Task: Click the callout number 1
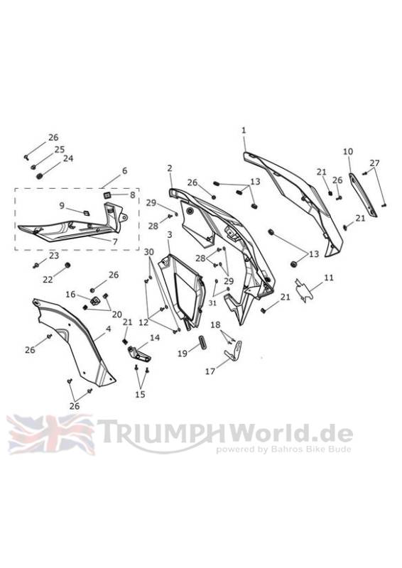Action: [244, 131]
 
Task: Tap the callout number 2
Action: [170, 168]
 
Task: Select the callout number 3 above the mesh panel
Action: [170, 235]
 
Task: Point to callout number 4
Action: [108, 329]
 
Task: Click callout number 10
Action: [347, 151]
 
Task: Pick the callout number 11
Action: [329, 278]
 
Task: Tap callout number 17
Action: [210, 371]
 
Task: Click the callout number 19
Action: [183, 353]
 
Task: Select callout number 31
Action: [212, 303]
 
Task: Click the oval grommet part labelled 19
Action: [202, 343]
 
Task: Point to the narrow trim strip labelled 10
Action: [362, 195]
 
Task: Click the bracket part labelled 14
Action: [138, 353]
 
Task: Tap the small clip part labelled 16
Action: [96, 300]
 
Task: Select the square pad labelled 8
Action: [107, 196]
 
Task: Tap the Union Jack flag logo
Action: [50, 435]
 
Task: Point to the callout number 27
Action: [374, 163]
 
